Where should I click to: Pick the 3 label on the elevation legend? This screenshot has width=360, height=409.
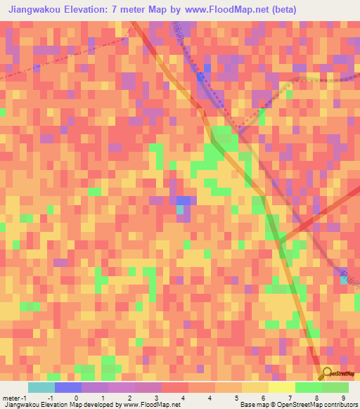click(155, 398)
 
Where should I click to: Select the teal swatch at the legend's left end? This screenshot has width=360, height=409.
click(41, 387)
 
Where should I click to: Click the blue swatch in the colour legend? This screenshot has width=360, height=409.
click(68, 387)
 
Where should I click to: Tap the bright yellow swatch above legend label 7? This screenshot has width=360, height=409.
click(282, 387)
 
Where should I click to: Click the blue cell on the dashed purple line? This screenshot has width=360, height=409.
click(200, 77)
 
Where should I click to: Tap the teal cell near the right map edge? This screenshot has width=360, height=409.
click(343, 280)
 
